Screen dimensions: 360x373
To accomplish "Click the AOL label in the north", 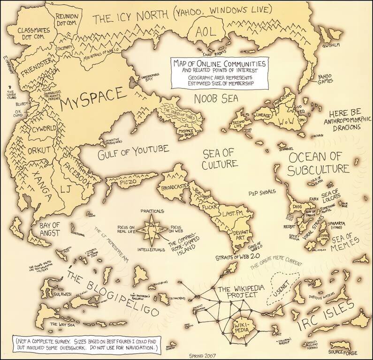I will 207,32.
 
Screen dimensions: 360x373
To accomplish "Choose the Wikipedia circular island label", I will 243,324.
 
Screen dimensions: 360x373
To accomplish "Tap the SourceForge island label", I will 343,351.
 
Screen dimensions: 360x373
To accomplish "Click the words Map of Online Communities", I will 219,63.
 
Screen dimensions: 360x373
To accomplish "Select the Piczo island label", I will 128,180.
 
